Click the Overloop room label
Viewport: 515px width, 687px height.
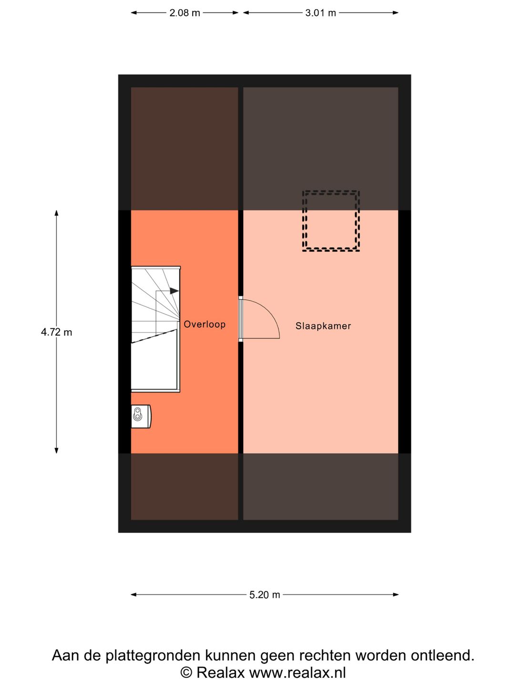click(x=205, y=324)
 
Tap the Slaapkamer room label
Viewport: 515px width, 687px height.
click(x=323, y=326)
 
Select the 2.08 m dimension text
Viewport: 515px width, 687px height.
click(x=185, y=13)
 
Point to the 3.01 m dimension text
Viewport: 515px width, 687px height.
click(x=320, y=13)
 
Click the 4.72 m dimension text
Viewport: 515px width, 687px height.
click(x=57, y=332)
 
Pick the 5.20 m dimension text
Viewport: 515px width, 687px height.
click(x=265, y=594)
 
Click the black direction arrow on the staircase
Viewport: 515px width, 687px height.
click(x=174, y=291)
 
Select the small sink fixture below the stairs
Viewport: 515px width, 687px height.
click(x=141, y=416)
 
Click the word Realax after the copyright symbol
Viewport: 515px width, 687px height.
click(x=220, y=672)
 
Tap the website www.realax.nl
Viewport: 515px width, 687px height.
click(x=298, y=672)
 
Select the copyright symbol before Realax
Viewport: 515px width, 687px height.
click(x=186, y=672)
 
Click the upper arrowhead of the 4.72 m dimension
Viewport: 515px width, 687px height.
click(x=57, y=213)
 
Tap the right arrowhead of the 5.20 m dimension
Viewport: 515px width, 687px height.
click(x=396, y=594)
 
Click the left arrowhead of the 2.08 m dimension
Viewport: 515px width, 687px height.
click(x=134, y=13)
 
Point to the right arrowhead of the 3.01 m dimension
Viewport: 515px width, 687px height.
click(x=396, y=13)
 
